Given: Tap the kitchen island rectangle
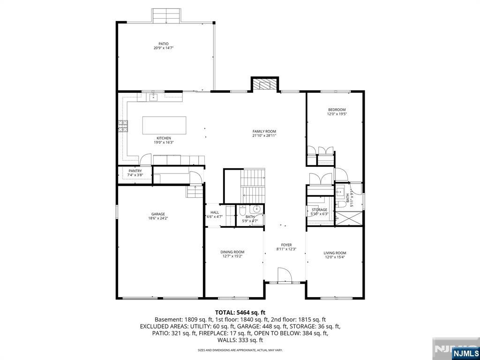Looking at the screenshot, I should click(164, 125).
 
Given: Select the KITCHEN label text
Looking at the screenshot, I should click(164, 138).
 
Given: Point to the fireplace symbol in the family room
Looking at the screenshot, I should click(265, 85).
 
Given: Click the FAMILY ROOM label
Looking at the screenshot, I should click(264, 132).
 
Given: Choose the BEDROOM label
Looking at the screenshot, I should click(337, 110).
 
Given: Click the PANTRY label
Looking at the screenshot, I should click(135, 171).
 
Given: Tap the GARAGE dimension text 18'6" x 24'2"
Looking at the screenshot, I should click(158, 218).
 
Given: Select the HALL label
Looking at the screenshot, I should click(214, 212).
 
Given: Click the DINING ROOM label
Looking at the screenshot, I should click(232, 252).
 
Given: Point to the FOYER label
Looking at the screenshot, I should click(286, 245).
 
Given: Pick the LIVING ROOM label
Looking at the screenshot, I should click(335, 253).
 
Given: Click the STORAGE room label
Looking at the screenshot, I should click(319, 210).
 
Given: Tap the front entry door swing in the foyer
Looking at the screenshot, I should click(284, 275).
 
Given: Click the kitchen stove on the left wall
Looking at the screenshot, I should click(123, 126).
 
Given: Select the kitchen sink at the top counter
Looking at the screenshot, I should click(153, 97).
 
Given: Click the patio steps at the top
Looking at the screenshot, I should click(166, 16).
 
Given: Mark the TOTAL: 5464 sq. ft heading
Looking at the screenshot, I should click(240, 312).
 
